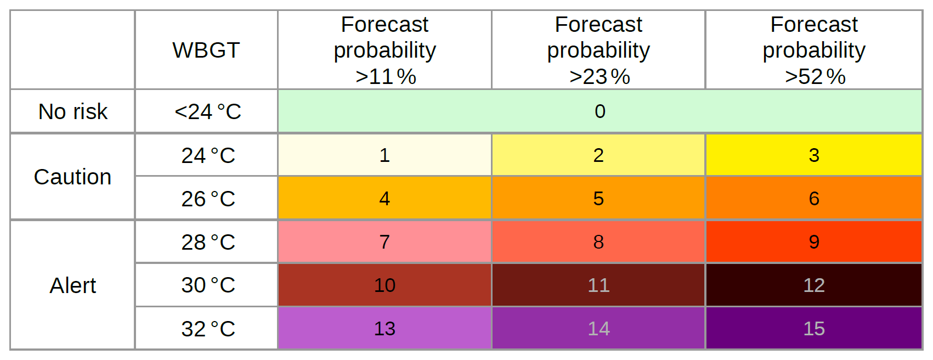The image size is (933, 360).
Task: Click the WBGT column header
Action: [x=206, y=50]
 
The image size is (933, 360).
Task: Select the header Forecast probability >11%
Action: [x=384, y=50]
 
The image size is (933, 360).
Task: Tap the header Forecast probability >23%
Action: [x=598, y=50]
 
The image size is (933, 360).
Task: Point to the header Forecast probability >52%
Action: [x=814, y=50]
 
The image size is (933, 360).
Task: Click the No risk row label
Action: [x=72, y=111]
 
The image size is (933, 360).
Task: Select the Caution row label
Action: [x=72, y=177]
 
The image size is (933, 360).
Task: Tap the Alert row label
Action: [x=72, y=285]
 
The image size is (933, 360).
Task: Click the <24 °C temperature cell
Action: [x=207, y=111]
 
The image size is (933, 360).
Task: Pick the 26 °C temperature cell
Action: [x=208, y=199]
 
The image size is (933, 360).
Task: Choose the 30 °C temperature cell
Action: [x=208, y=285]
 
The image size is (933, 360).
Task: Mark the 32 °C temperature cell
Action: [x=208, y=329]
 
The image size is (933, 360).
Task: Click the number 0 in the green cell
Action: [x=600, y=111]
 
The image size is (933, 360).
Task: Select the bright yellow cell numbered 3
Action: [x=814, y=155]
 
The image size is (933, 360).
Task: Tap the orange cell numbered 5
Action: [x=598, y=199]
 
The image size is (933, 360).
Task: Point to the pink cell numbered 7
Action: [x=384, y=242]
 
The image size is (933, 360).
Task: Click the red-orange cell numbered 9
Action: [x=814, y=242]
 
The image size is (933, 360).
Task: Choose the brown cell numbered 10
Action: [x=384, y=285]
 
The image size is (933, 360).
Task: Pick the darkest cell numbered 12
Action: [x=814, y=285]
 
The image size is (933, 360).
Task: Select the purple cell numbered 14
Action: [x=598, y=329]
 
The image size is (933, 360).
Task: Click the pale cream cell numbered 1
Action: [x=384, y=155]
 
